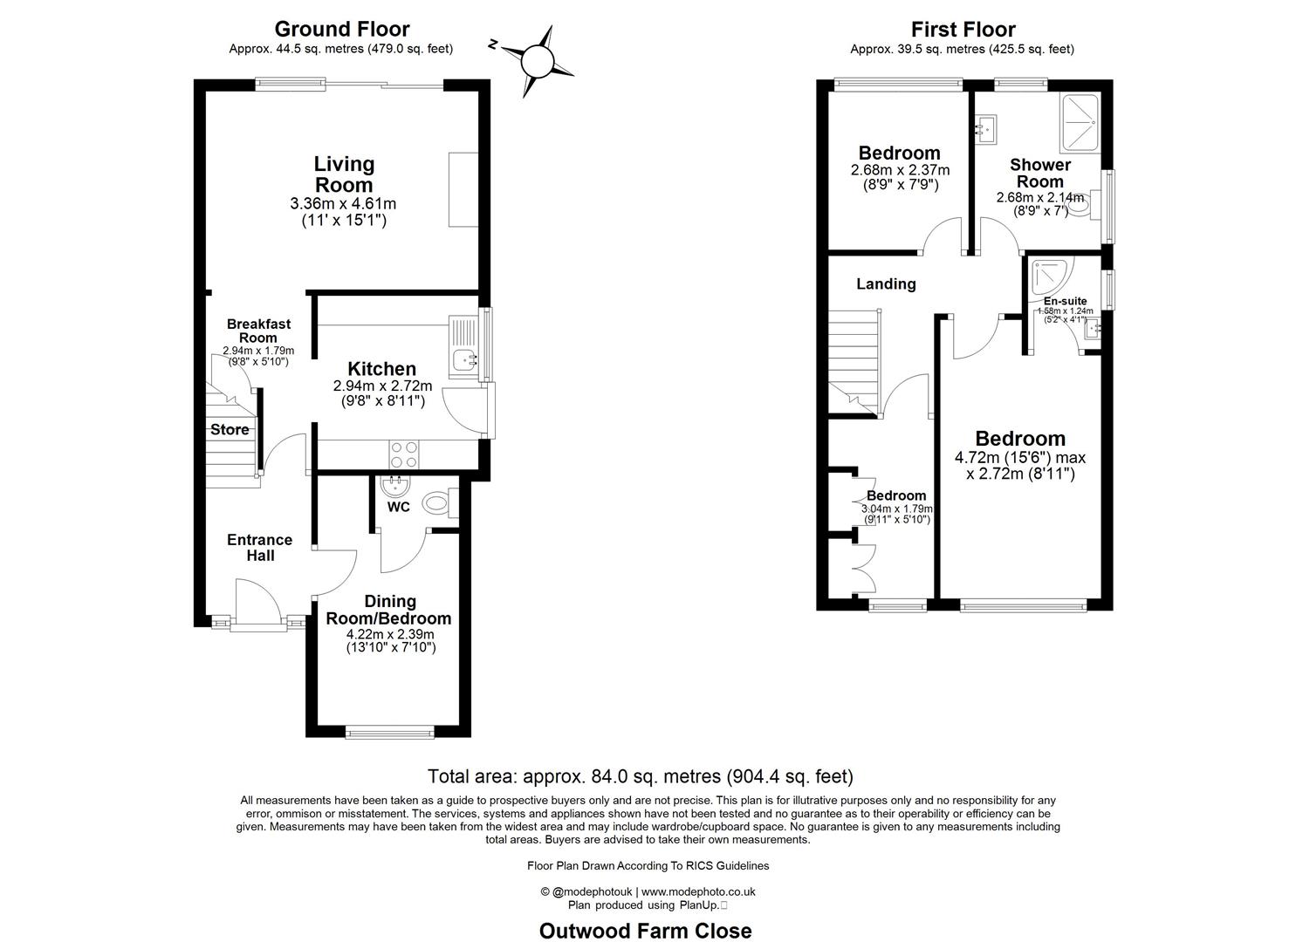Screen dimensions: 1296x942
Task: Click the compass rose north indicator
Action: pyautogui.click(x=493, y=44)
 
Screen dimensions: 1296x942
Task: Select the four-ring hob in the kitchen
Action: pyautogui.click(x=404, y=454)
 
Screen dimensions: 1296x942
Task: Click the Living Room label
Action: pyautogui.click(x=344, y=174)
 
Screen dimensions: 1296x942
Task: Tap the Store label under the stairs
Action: pyautogui.click(x=230, y=429)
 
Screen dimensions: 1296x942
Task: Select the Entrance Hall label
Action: pyautogui.click(x=260, y=547)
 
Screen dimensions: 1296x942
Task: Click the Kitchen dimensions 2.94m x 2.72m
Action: pyautogui.click(x=382, y=386)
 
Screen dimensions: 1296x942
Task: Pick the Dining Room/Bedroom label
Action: pyautogui.click(x=389, y=610)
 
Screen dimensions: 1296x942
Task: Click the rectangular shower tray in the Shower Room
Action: pyautogui.click(x=1080, y=123)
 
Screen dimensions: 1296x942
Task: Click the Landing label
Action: pyautogui.click(x=886, y=284)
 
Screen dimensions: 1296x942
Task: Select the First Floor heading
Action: pyautogui.click(x=963, y=29)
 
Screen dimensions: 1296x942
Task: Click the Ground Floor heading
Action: pyautogui.click(x=342, y=28)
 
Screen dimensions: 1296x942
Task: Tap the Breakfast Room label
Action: pyautogui.click(x=258, y=331)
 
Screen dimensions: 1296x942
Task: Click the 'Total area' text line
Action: pyautogui.click(x=641, y=775)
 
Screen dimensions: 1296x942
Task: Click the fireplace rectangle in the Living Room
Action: pyautogui.click(x=463, y=189)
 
